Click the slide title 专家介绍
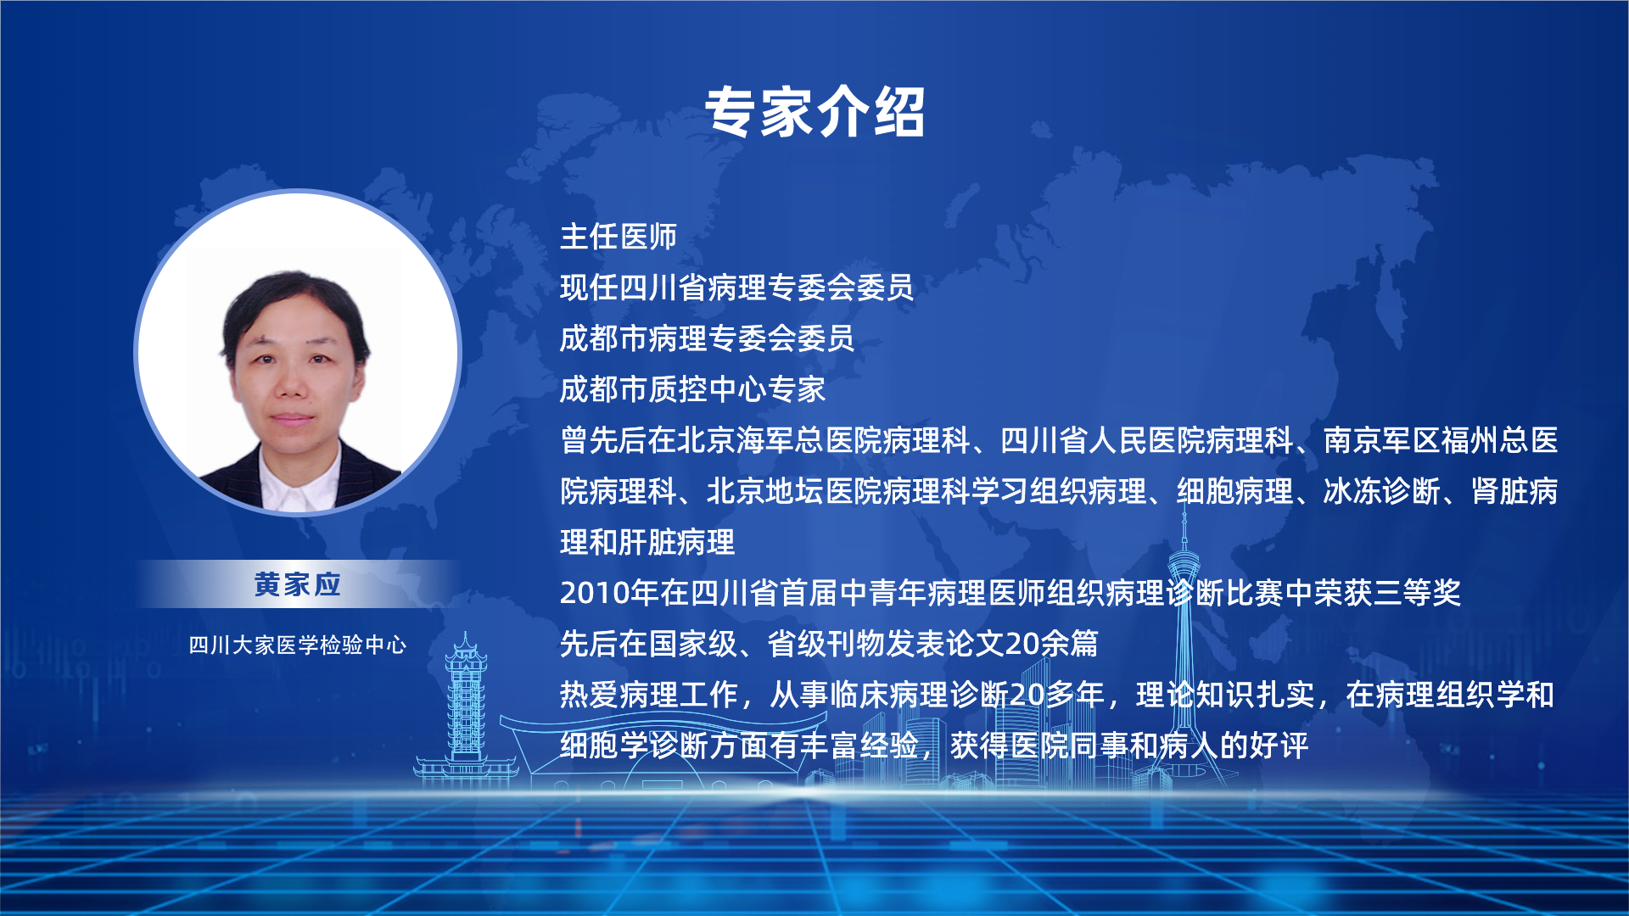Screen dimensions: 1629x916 pyautogui.click(x=814, y=111)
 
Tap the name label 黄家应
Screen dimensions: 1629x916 pyautogui.click(x=298, y=584)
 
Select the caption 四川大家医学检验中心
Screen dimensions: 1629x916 pyautogui.click(x=298, y=645)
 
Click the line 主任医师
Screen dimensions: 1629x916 pyautogui.click(x=619, y=237)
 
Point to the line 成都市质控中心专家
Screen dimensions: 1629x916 pyautogui.click(x=692, y=389)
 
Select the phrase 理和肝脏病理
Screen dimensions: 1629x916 pyautogui.click(x=647, y=542)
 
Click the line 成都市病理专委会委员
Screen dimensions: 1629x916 pyautogui.click(x=708, y=338)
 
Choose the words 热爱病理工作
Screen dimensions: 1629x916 pyautogui.click(x=648, y=695)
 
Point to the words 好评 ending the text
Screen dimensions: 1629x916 pyautogui.click(x=1279, y=746)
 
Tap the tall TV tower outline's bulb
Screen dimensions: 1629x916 pyautogui.click(x=1184, y=563)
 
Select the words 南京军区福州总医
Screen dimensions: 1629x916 pyautogui.click(x=1441, y=440)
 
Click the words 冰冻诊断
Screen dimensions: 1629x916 pyautogui.click(x=1382, y=491)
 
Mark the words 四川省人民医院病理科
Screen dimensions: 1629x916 pyautogui.click(x=1147, y=440)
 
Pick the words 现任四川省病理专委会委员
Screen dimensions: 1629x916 pyautogui.click(x=736, y=288)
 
